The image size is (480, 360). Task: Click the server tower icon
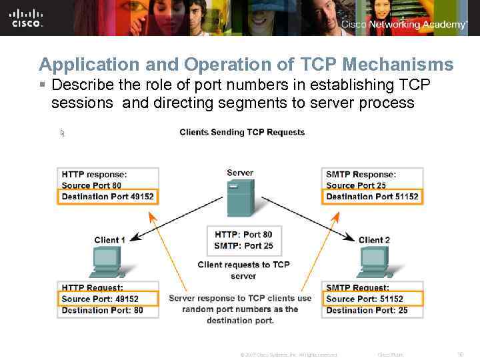click(x=241, y=199)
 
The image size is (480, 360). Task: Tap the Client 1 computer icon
click(x=107, y=261)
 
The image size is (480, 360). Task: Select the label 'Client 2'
click(x=374, y=240)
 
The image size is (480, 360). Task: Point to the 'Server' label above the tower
click(x=240, y=173)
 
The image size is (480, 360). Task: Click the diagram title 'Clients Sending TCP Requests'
click(x=242, y=132)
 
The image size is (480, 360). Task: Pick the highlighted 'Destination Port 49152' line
click(x=107, y=196)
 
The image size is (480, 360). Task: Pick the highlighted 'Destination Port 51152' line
click(x=372, y=196)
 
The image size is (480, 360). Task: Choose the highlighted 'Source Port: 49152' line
click(x=100, y=299)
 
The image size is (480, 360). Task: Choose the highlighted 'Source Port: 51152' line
click(x=365, y=299)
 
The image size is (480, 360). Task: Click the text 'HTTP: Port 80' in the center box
click(x=243, y=235)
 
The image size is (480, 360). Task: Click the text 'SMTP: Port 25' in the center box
click(x=243, y=245)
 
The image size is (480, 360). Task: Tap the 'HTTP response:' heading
click(x=94, y=175)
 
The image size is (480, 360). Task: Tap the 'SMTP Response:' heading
click(x=361, y=175)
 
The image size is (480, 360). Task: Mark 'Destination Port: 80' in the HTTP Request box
click(x=102, y=310)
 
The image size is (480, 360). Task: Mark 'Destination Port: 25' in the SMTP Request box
click(x=367, y=310)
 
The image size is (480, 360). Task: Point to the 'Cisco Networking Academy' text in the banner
click(x=404, y=25)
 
